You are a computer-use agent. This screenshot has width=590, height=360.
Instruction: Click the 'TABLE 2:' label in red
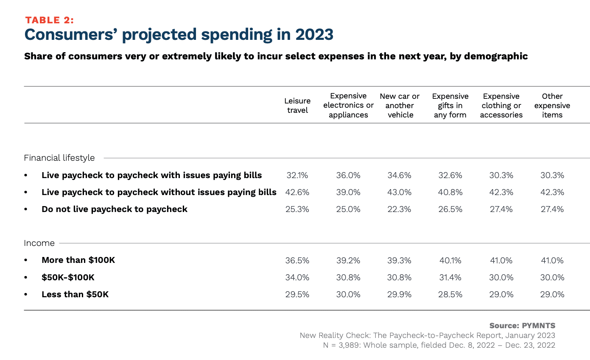[x=50, y=20]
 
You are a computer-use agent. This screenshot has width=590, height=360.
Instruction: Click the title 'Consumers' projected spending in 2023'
[x=179, y=35]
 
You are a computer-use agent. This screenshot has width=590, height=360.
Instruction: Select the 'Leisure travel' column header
[x=297, y=106]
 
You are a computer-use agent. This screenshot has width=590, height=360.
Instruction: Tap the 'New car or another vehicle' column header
[x=400, y=106]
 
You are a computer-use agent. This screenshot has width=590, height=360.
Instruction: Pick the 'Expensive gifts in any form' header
[x=450, y=106]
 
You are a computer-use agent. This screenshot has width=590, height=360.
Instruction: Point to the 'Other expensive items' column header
[x=552, y=106]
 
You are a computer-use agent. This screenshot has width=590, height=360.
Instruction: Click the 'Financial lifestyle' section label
[x=59, y=158]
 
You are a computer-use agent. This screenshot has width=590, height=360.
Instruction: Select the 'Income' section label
[x=39, y=243]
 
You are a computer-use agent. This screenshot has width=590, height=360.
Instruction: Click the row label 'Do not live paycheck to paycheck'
[x=114, y=209]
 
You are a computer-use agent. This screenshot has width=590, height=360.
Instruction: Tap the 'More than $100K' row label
[x=78, y=260]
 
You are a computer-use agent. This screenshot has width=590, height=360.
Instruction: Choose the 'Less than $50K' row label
[x=75, y=294]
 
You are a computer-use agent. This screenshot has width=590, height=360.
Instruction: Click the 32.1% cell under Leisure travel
[x=297, y=175]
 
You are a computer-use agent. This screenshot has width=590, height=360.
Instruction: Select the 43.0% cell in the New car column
[x=399, y=192]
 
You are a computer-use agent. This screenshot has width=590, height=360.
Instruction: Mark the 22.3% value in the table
[x=399, y=209]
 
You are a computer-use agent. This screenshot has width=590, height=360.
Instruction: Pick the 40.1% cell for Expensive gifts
[x=450, y=260]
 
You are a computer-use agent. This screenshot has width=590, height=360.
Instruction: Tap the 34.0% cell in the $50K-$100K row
[x=297, y=277]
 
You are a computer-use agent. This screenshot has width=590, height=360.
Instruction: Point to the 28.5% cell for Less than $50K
[x=450, y=294]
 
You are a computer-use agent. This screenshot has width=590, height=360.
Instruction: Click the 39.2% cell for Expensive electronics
[x=348, y=260]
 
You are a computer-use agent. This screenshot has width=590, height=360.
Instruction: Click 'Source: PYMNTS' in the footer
[x=522, y=326]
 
